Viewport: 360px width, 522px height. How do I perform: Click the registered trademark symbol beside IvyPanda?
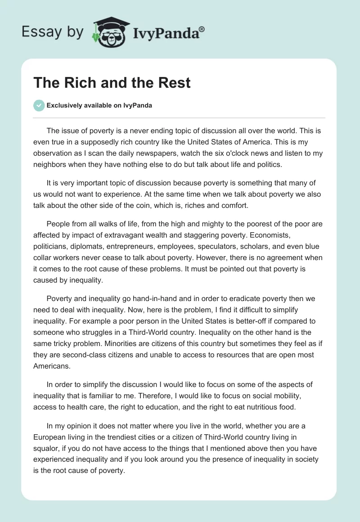pyautogui.click(x=202, y=29)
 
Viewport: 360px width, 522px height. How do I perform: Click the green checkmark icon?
pyautogui.click(x=39, y=105)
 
